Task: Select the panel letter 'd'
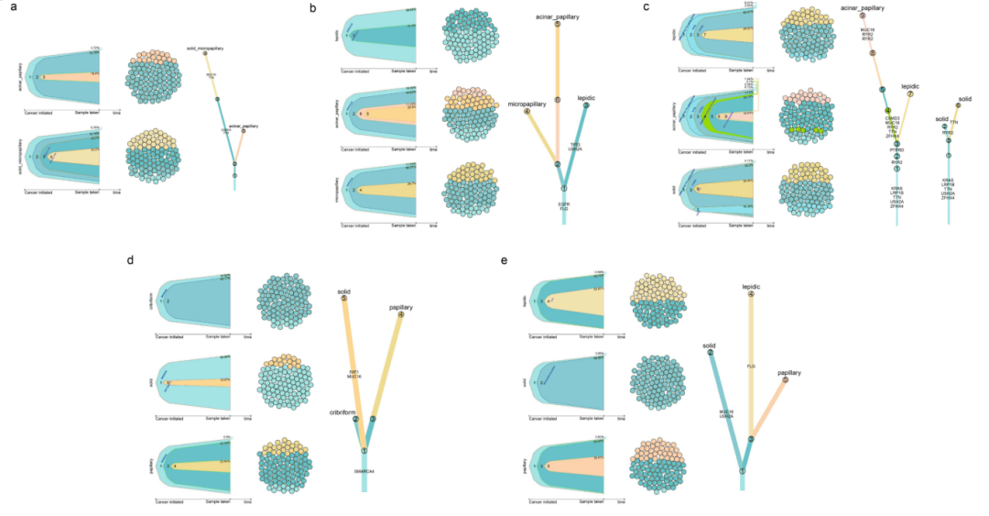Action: [x=130, y=261]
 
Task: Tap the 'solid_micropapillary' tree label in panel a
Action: [x=205, y=47]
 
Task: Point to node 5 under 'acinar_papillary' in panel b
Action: [x=557, y=25]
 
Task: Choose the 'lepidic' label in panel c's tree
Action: [x=911, y=84]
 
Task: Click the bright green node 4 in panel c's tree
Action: [x=888, y=111]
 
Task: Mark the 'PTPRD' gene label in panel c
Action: [x=897, y=148]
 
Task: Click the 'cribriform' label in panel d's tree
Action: [x=342, y=412]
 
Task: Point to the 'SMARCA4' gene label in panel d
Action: [x=364, y=471]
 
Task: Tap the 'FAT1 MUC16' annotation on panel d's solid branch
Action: [x=353, y=374]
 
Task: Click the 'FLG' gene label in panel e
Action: [x=751, y=366]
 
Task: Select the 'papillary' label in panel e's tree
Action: [x=789, y=373]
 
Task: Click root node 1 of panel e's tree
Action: [x=742, y=471]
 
